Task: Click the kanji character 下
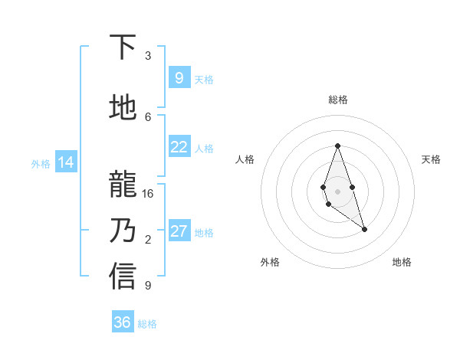(x=123, y=47)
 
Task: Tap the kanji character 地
(x=123, y=109)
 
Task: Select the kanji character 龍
(x=123, y=185)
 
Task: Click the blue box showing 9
(x=179, y=78)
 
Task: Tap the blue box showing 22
(x=179, y=147)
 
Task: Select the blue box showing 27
(x=179, y=231)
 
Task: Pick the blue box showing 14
(x=65, y=162)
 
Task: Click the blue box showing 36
(x=123, y=322)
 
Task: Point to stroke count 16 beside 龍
(x=148, y=194)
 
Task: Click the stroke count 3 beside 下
(x=148, y=56)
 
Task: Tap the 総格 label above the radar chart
(x=337, y=100)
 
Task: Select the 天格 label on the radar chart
(x=431, y=159)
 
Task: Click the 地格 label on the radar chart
(x=402, y=262)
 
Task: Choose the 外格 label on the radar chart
(x=270, y=262)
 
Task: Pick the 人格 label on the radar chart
(x=245, y=159)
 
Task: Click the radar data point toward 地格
(x=364, y=229)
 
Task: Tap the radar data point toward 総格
(x=337, y=146)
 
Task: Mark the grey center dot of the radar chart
(x=337, y=190)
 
